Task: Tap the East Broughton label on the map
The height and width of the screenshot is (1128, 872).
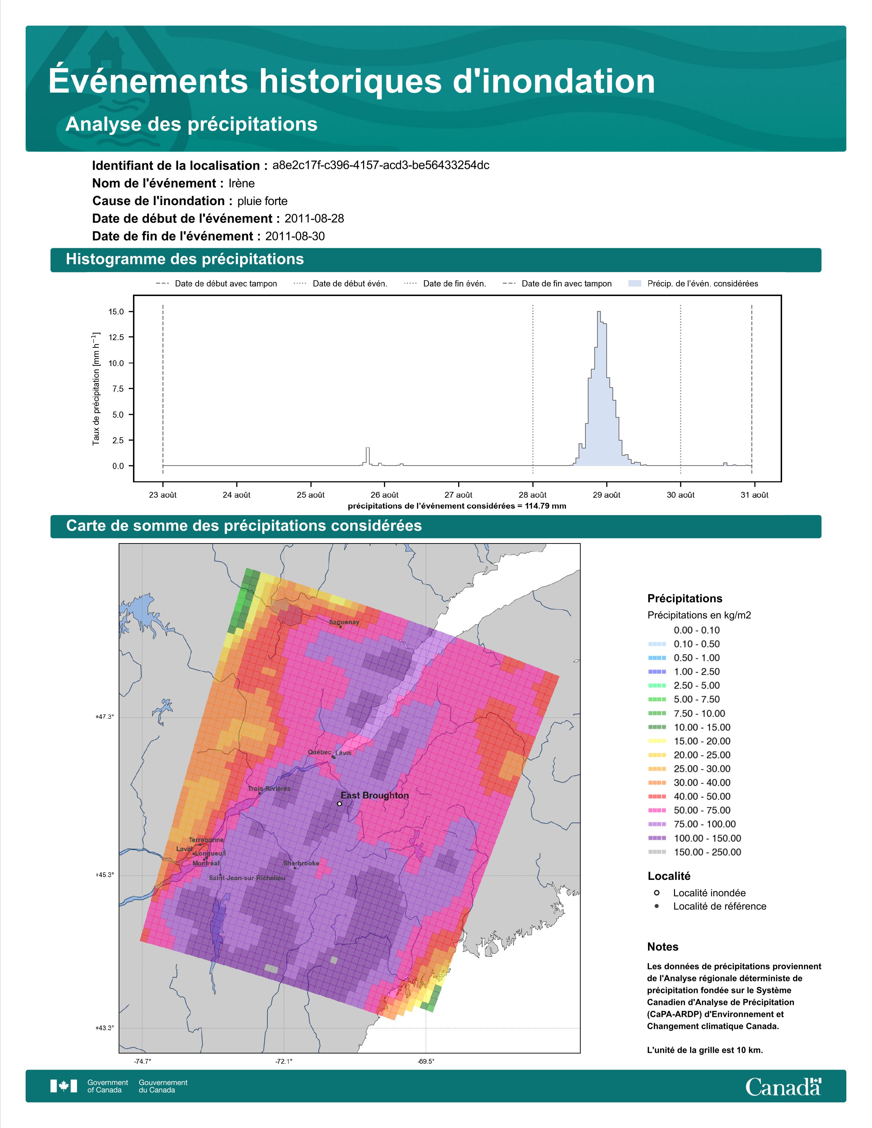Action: click(x=374, y=795)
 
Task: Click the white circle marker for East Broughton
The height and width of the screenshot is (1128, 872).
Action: click(x=340, y=804)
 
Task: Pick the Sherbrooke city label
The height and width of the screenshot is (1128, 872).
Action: click(x=301, y=863)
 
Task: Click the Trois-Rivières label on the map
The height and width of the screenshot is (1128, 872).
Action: click(x=269, y=789)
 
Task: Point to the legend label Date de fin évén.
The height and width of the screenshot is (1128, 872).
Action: click(x=454, y=284)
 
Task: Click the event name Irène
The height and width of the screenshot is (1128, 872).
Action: click(x=242, y=183)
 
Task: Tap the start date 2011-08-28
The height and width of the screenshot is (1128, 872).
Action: click(x=314, y=218)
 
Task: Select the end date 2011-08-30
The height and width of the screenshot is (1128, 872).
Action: click(x=295, y=236)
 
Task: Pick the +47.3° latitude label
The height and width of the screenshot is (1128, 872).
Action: click(x=104, y=716)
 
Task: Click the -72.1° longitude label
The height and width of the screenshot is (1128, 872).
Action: click(x=283, y=1061)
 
